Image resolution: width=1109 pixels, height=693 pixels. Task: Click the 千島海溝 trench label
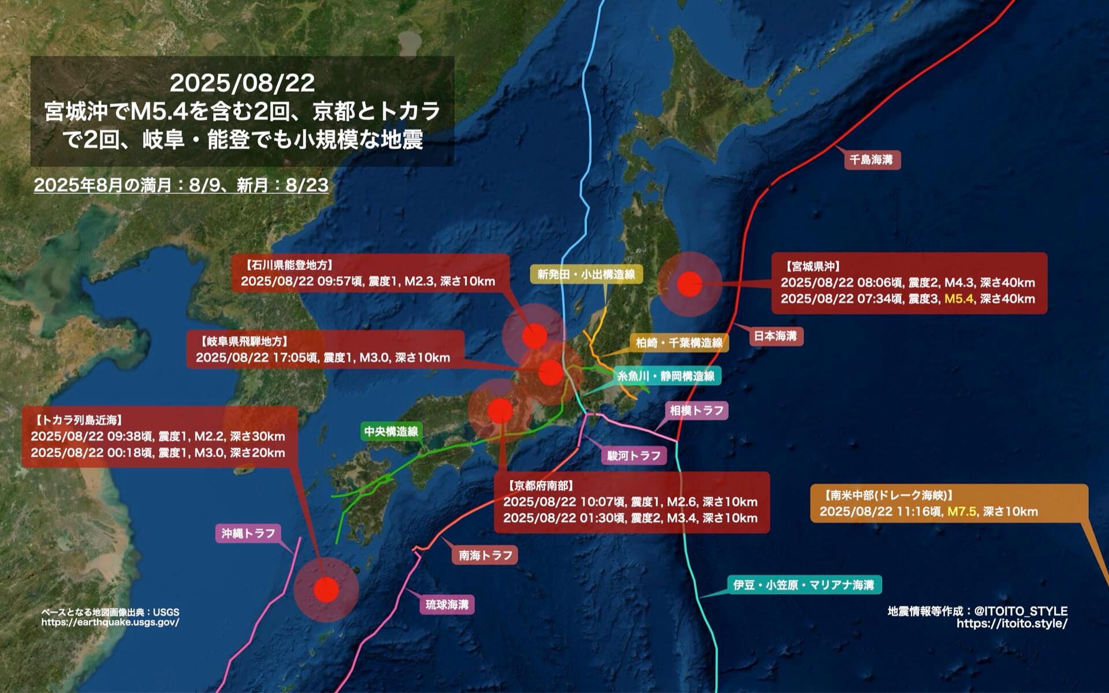[872, 159]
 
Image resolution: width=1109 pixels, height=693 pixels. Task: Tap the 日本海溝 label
[775, 336]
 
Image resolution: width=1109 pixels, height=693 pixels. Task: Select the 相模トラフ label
[696, 411]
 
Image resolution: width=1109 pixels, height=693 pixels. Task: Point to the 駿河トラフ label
[634, 455]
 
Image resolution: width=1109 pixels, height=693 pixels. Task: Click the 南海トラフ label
[485, 555]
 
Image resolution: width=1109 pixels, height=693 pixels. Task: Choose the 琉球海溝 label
[447, 605]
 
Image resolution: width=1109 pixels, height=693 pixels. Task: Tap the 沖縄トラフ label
[248, 532]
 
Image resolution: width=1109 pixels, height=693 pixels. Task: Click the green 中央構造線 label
[391, 431]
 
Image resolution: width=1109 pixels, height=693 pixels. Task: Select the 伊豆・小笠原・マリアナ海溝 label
[803, 585]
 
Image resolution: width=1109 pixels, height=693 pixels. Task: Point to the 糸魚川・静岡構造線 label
[666, 376]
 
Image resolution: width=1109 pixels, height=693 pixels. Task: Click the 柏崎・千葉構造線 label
[679, 343]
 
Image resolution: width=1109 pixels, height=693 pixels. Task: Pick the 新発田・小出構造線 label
[586, 274]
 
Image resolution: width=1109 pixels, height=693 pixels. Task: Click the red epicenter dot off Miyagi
[689, 284]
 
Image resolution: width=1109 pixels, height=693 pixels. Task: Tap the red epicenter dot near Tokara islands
[326, 590]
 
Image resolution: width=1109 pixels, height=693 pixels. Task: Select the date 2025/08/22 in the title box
[242, 83]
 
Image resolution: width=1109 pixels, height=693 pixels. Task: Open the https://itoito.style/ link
[1011, 623]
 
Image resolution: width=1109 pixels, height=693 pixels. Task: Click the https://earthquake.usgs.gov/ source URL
[110, 622]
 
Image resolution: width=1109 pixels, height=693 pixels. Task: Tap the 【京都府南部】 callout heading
[540, 486]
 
